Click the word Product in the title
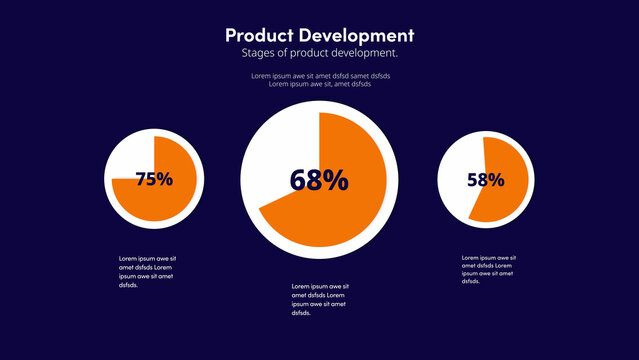(261, 35)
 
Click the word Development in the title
(356, 35)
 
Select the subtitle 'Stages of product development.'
(319, 53)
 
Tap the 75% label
(154, 179)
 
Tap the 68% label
(319, 180)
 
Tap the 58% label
(485, 180)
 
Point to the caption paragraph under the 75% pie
(148, 272)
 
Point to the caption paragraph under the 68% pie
(320, 299)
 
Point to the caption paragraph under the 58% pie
(490, 269)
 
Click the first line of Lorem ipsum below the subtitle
(320, 76)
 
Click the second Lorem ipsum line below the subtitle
(320, 84)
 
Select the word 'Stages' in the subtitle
(257, 53)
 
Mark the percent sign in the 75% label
(165, 179)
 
